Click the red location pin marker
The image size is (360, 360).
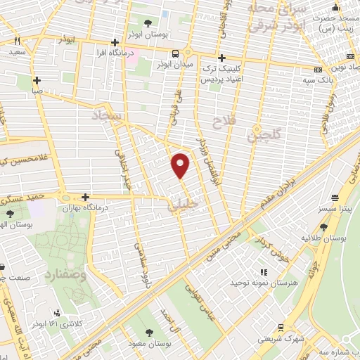point(181,165)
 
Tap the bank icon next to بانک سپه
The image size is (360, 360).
point(318,70)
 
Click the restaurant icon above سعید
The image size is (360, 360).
point(17,41)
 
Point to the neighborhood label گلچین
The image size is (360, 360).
point(263,134)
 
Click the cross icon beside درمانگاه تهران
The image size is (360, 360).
point(86,198)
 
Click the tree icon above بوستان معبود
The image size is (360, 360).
point(148,333)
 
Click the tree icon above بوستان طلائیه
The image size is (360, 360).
point(323,226)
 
